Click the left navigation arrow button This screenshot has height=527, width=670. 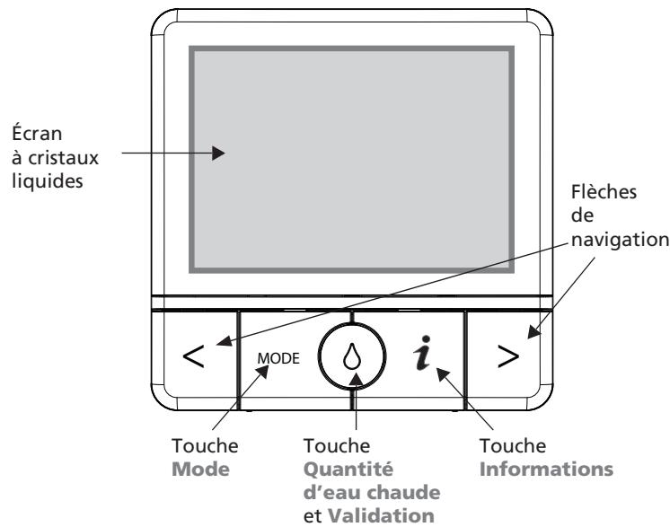point(194,356)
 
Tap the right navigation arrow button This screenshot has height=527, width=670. point(508,356)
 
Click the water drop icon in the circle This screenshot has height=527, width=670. point(352,356)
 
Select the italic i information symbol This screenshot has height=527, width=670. point(422,353)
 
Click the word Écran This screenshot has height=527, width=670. point(37,133)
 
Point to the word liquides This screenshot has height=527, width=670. point(47,180)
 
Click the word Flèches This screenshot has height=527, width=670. point(604,192)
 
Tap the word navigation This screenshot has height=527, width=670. point(621,240)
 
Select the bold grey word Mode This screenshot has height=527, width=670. point(200,470)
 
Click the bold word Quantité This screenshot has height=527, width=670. point(348,470)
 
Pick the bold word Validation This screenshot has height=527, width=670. point(381,516)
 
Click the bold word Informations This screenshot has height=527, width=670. point(546,469)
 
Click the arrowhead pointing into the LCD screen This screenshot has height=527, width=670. point(218,153)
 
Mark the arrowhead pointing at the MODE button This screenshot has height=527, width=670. point(262,372)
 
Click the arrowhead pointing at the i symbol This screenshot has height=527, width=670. point(442,374)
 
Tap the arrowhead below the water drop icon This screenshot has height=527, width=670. point(356,380)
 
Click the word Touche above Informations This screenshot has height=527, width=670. point(513,446)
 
